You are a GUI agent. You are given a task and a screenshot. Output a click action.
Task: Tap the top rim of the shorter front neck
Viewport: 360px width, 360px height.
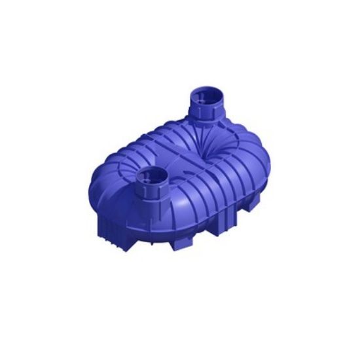click(x=152, y=170)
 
